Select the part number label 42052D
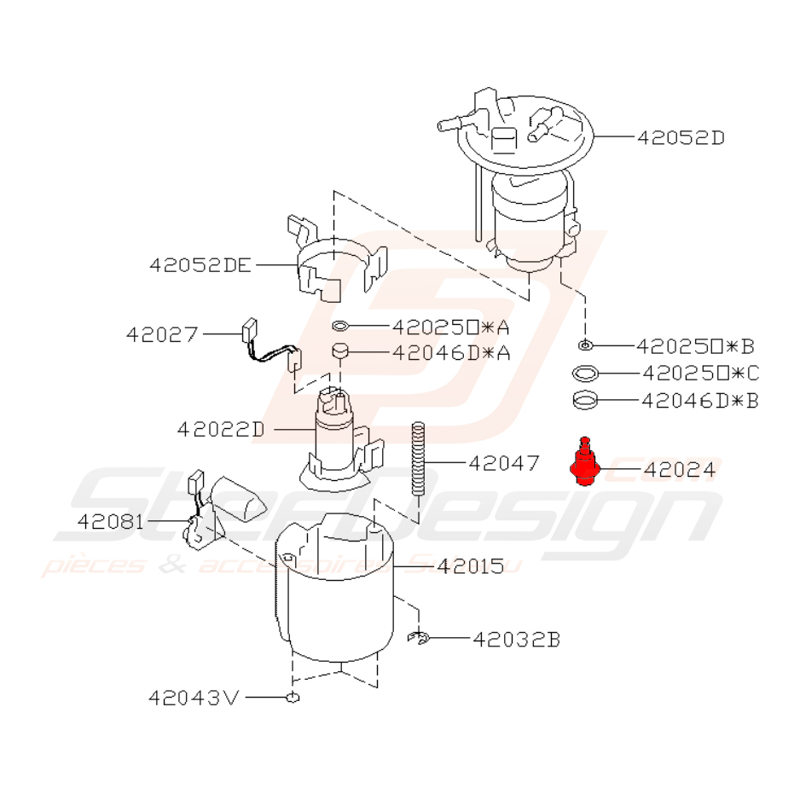click(680, 136)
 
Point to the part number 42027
click(162, 334)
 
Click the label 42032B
click(517, 638)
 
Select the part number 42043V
click(194, 698)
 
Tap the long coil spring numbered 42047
click(419, 457)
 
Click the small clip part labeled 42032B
click(418, 637)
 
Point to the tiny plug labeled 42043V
click(293, 698)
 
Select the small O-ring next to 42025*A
click(339, 326)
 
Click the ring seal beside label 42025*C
click(586, 373)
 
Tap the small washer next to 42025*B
click(585, 345)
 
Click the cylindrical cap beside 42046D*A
click(341, 351)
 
